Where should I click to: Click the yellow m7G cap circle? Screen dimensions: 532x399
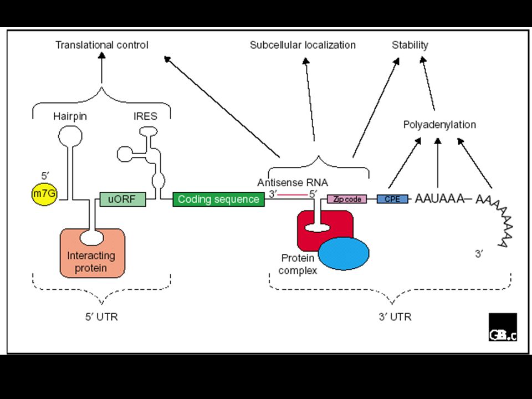(x=44, y=194)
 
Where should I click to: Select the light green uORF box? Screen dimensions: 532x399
(x=123, y=199)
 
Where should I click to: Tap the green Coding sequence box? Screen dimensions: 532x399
(x=218, y=199)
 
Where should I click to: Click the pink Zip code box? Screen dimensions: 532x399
(x=347, y=199)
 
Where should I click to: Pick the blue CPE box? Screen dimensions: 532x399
(x=392, y=199)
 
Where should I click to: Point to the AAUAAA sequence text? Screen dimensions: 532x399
(x=439, y=198)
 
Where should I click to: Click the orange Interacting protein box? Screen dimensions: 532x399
(x=93, y=253)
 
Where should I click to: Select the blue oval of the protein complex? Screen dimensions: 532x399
(x=344, y=253)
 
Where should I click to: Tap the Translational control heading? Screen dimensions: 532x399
(x=102, y=45)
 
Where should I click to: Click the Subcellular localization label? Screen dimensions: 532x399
(x=303, y=45)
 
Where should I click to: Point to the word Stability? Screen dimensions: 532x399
(x=410, y=45)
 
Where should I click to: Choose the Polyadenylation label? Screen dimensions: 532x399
(x=439, y=125)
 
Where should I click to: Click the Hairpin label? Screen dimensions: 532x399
(x=70, y=116)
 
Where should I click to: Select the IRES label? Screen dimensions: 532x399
(x=145, y=116)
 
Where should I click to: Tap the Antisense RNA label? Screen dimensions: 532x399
(x=293, y=182)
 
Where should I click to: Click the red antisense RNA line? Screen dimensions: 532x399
(x=292, y=195)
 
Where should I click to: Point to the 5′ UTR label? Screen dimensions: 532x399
(x=101, y=317)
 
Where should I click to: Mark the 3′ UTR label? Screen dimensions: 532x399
(x=395, y=317)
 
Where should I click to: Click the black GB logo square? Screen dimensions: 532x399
(x=503, y=327)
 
